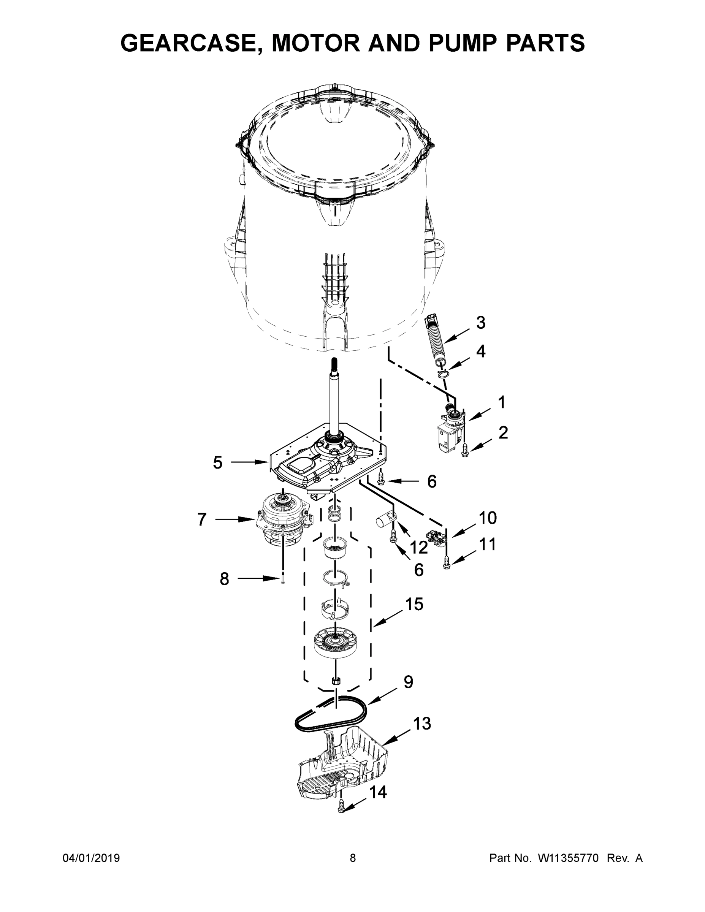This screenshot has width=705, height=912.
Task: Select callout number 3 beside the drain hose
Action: pos(481,322)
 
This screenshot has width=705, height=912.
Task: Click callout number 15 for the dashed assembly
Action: pos(414,604)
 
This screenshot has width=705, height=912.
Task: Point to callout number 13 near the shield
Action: pos(422,723)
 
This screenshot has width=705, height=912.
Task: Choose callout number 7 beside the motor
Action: pos(202,519)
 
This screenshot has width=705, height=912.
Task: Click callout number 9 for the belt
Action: pos(408,681)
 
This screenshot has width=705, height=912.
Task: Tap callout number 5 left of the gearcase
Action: pos(218,462)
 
